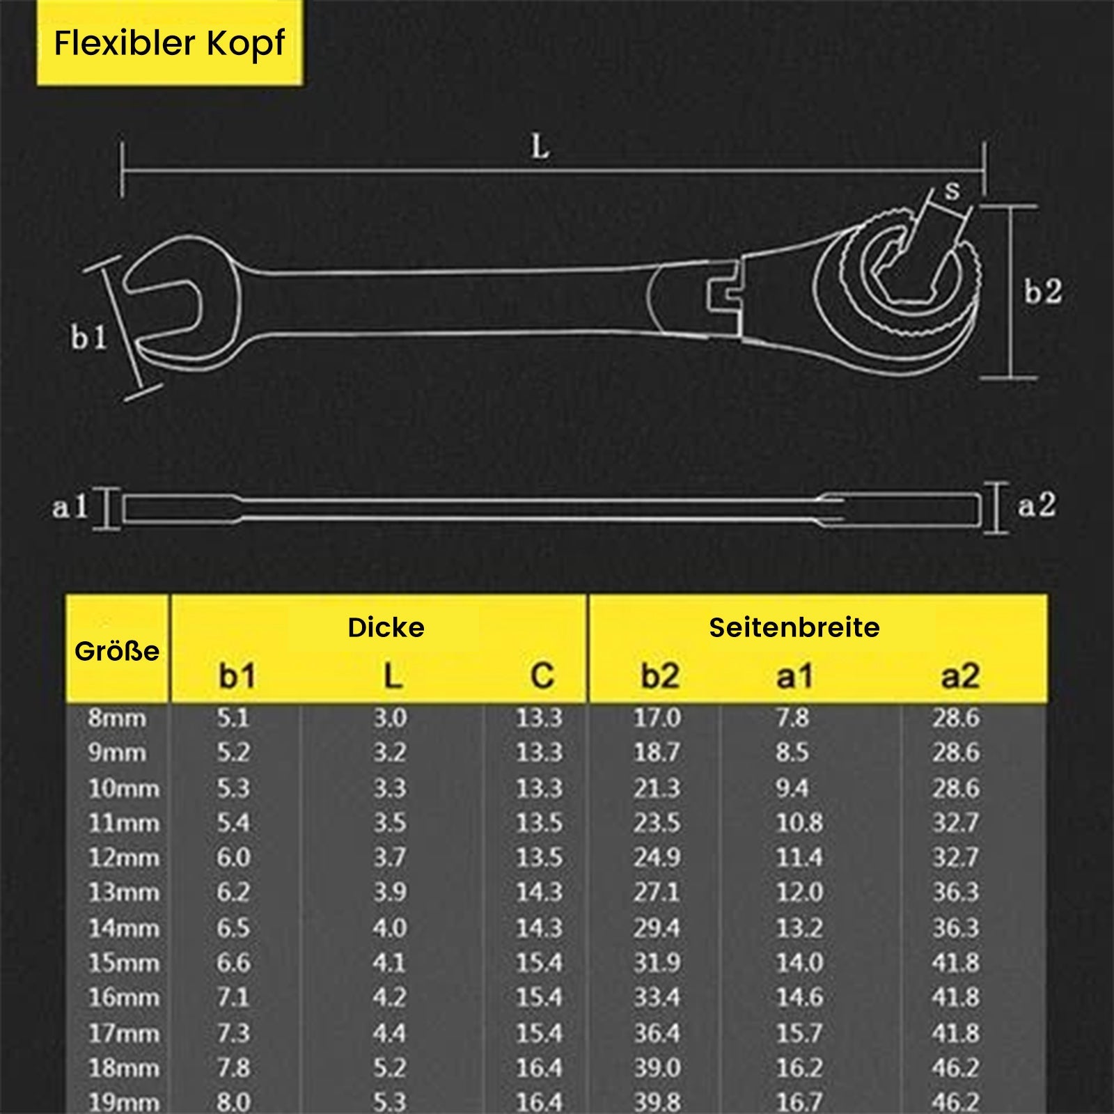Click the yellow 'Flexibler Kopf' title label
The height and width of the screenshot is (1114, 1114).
pyautogui.click(x=170, y=43)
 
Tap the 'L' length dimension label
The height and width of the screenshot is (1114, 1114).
pyautogui.click(x=540, y=147)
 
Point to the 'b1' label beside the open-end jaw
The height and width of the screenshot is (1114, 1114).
pyautogui.click(x=89, y=338)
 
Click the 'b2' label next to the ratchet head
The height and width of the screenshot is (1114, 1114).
pyautogui.click(x=1043, y=291)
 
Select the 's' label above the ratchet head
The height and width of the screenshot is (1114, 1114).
pyautogui.click(x=952, y=190)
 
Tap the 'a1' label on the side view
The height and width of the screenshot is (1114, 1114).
pyautogui.click(x=70, y=506)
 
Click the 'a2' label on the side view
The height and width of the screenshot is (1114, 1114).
pyautogui.click(x=1037, y=505)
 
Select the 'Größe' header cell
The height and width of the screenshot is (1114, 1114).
pyautogui.click(x=117, y=651)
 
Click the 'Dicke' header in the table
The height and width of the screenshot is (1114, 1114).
pyautogui.click(x=386, y=627)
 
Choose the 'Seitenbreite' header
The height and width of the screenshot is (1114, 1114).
pyautogui.click(x=794, y=627)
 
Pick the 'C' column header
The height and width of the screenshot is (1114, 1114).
pyautogui.click(x=542, y=675)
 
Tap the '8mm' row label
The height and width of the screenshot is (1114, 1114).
pyautogui.click(x=117, y=718)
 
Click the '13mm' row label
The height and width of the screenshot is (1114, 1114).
pyautogui.click(x=124, y=892)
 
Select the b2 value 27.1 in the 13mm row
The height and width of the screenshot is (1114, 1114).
pyautogui.click(x=657, y=892)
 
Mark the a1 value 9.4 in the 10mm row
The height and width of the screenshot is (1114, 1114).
pyautogui.click(x=792, y=788)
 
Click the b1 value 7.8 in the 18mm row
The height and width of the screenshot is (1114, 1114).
pyautogui.click(x=233, y=1067)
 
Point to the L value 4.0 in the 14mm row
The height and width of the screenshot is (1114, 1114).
pyautogui.click(x=390, y=927)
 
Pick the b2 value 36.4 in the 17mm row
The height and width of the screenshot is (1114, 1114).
pyautogui.click(x=657, y=1033)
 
